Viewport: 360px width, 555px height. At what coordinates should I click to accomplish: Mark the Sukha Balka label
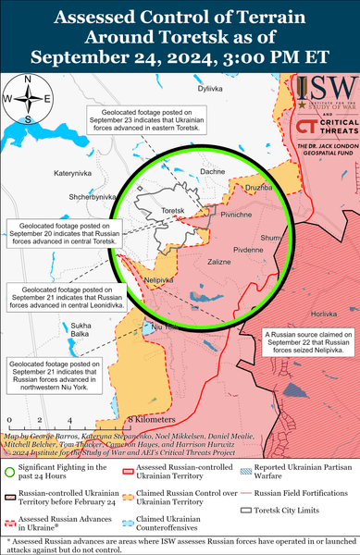click(81, 330)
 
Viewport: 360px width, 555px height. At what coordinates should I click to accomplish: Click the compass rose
click(28, 99)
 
